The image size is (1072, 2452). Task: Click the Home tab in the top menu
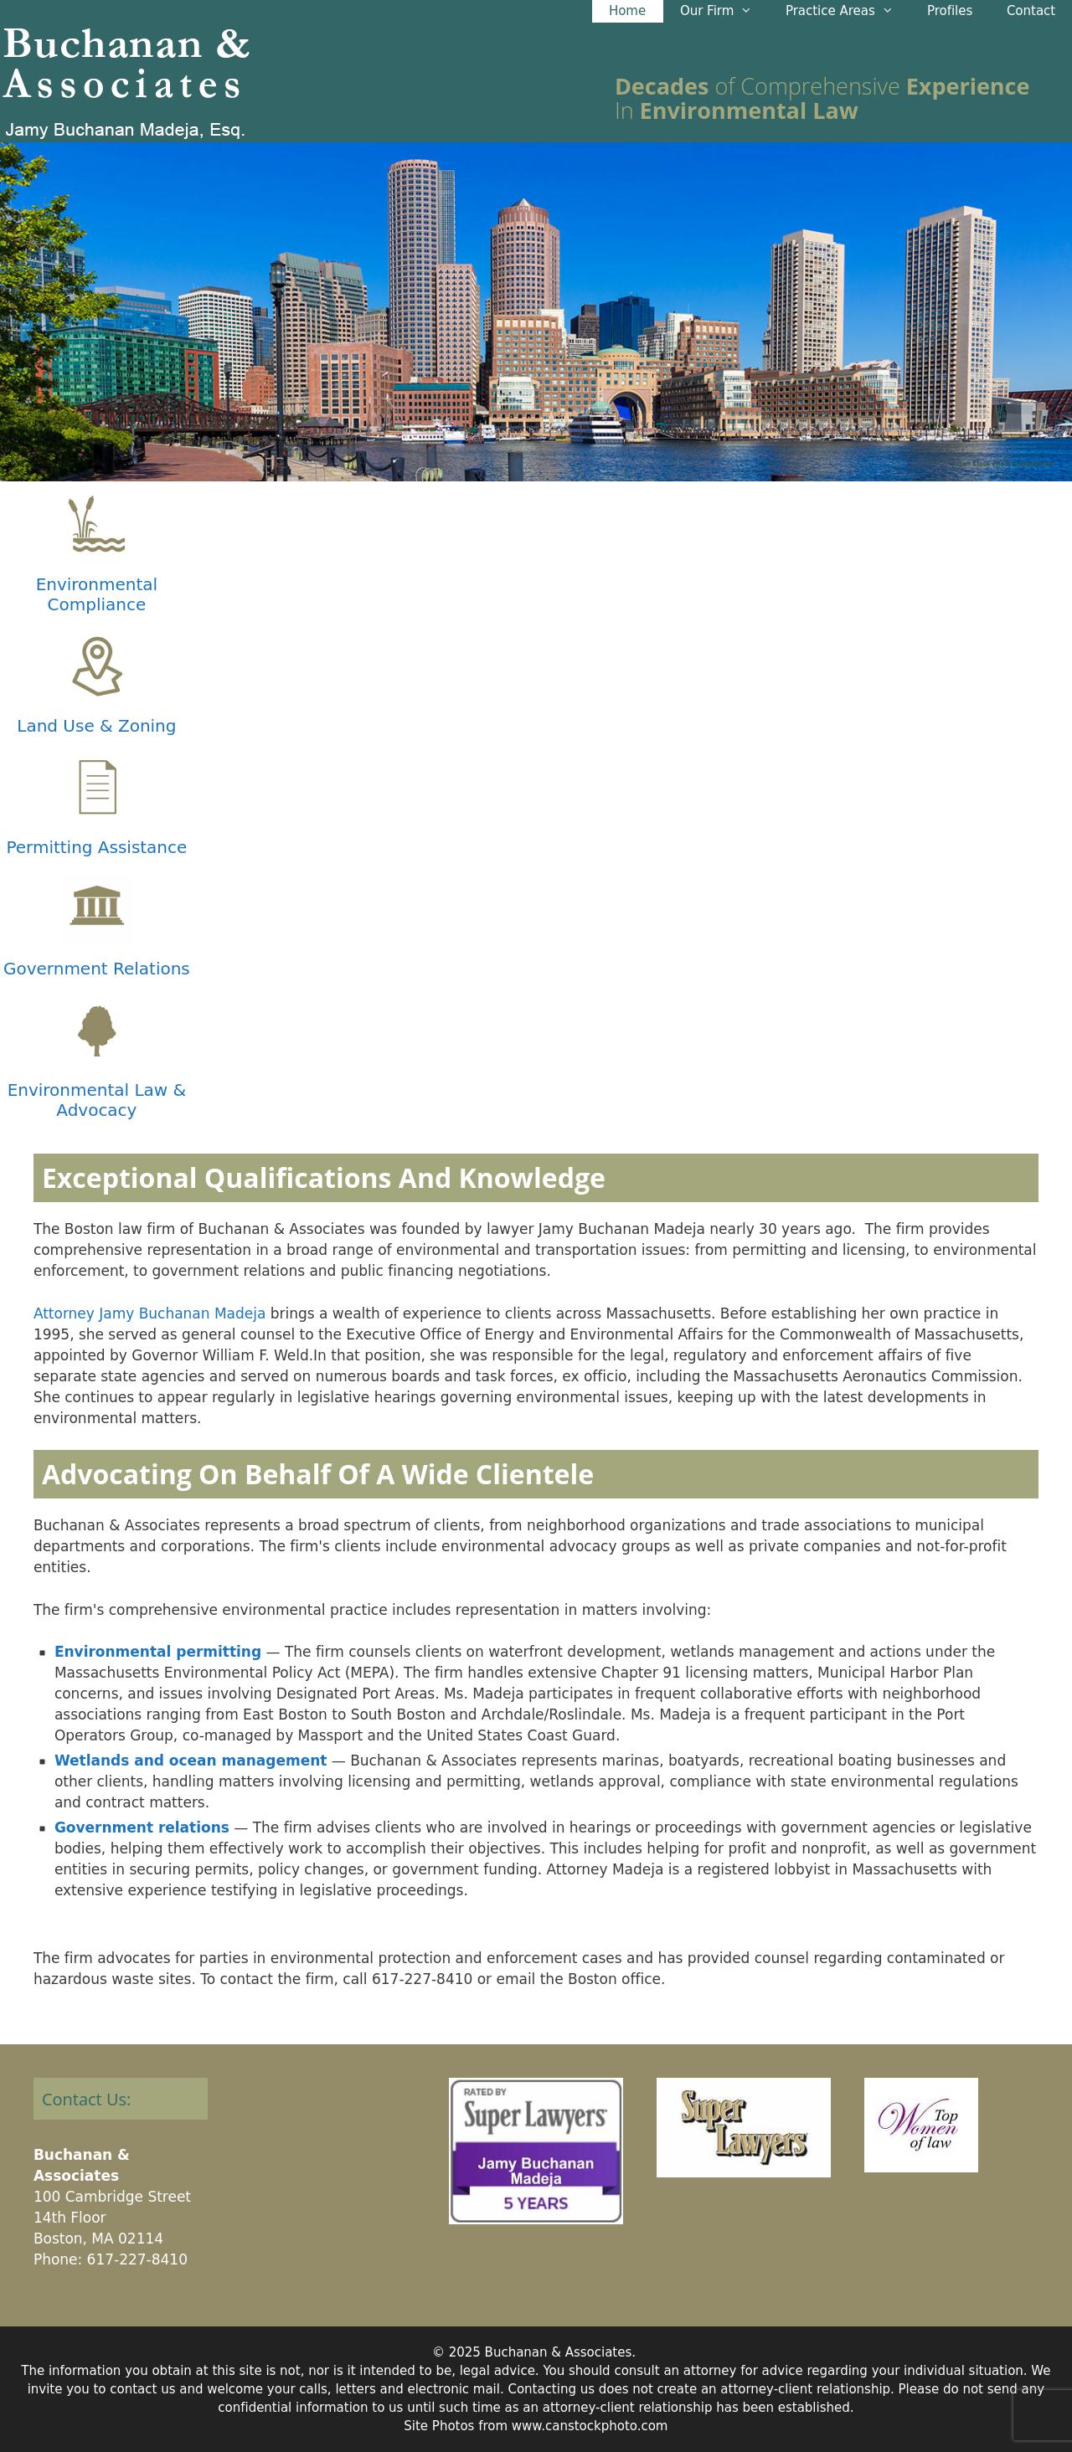[626, 11]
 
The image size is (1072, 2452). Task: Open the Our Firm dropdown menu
[714, 11]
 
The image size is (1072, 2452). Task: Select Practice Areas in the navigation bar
[837, 11]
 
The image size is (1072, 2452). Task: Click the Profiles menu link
[949, 11]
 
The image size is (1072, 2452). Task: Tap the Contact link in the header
[1030, 11]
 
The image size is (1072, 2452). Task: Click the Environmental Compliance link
[96, 594]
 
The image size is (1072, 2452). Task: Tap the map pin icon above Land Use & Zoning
[97, 666]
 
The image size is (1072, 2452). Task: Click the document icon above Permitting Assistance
[97, 787]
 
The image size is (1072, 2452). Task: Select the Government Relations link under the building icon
[96, 968]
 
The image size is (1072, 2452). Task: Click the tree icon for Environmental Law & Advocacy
[97, 1030]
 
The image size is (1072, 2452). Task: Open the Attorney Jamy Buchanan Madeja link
[149, 1313]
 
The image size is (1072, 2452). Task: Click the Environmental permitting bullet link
[157, 1652]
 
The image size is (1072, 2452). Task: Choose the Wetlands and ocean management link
[190, 1760]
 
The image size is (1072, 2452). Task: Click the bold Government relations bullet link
[142, 1827]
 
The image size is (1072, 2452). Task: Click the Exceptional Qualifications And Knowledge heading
[324, 1178]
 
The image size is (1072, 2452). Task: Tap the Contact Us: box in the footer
[120, 2099]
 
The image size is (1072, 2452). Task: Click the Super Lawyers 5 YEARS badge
[535, 2151]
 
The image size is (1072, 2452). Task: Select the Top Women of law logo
[920, 2125]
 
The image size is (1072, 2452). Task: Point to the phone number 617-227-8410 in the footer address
[137, 2259]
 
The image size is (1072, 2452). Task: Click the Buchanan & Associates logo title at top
[126, 64]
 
